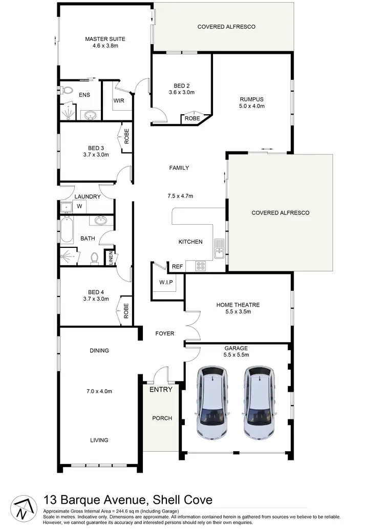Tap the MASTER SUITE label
(105, 39)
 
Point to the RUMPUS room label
(251, 99)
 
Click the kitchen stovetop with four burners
(200, 266)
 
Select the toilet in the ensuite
(67, 91)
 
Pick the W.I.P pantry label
(166, 282)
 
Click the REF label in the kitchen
(177, 267)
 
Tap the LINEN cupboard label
(111, 259)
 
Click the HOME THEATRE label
(238, 305)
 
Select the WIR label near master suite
(119, 100)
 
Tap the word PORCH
(162, 418)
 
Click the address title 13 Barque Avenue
(127, 500)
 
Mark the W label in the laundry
(79, 206)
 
